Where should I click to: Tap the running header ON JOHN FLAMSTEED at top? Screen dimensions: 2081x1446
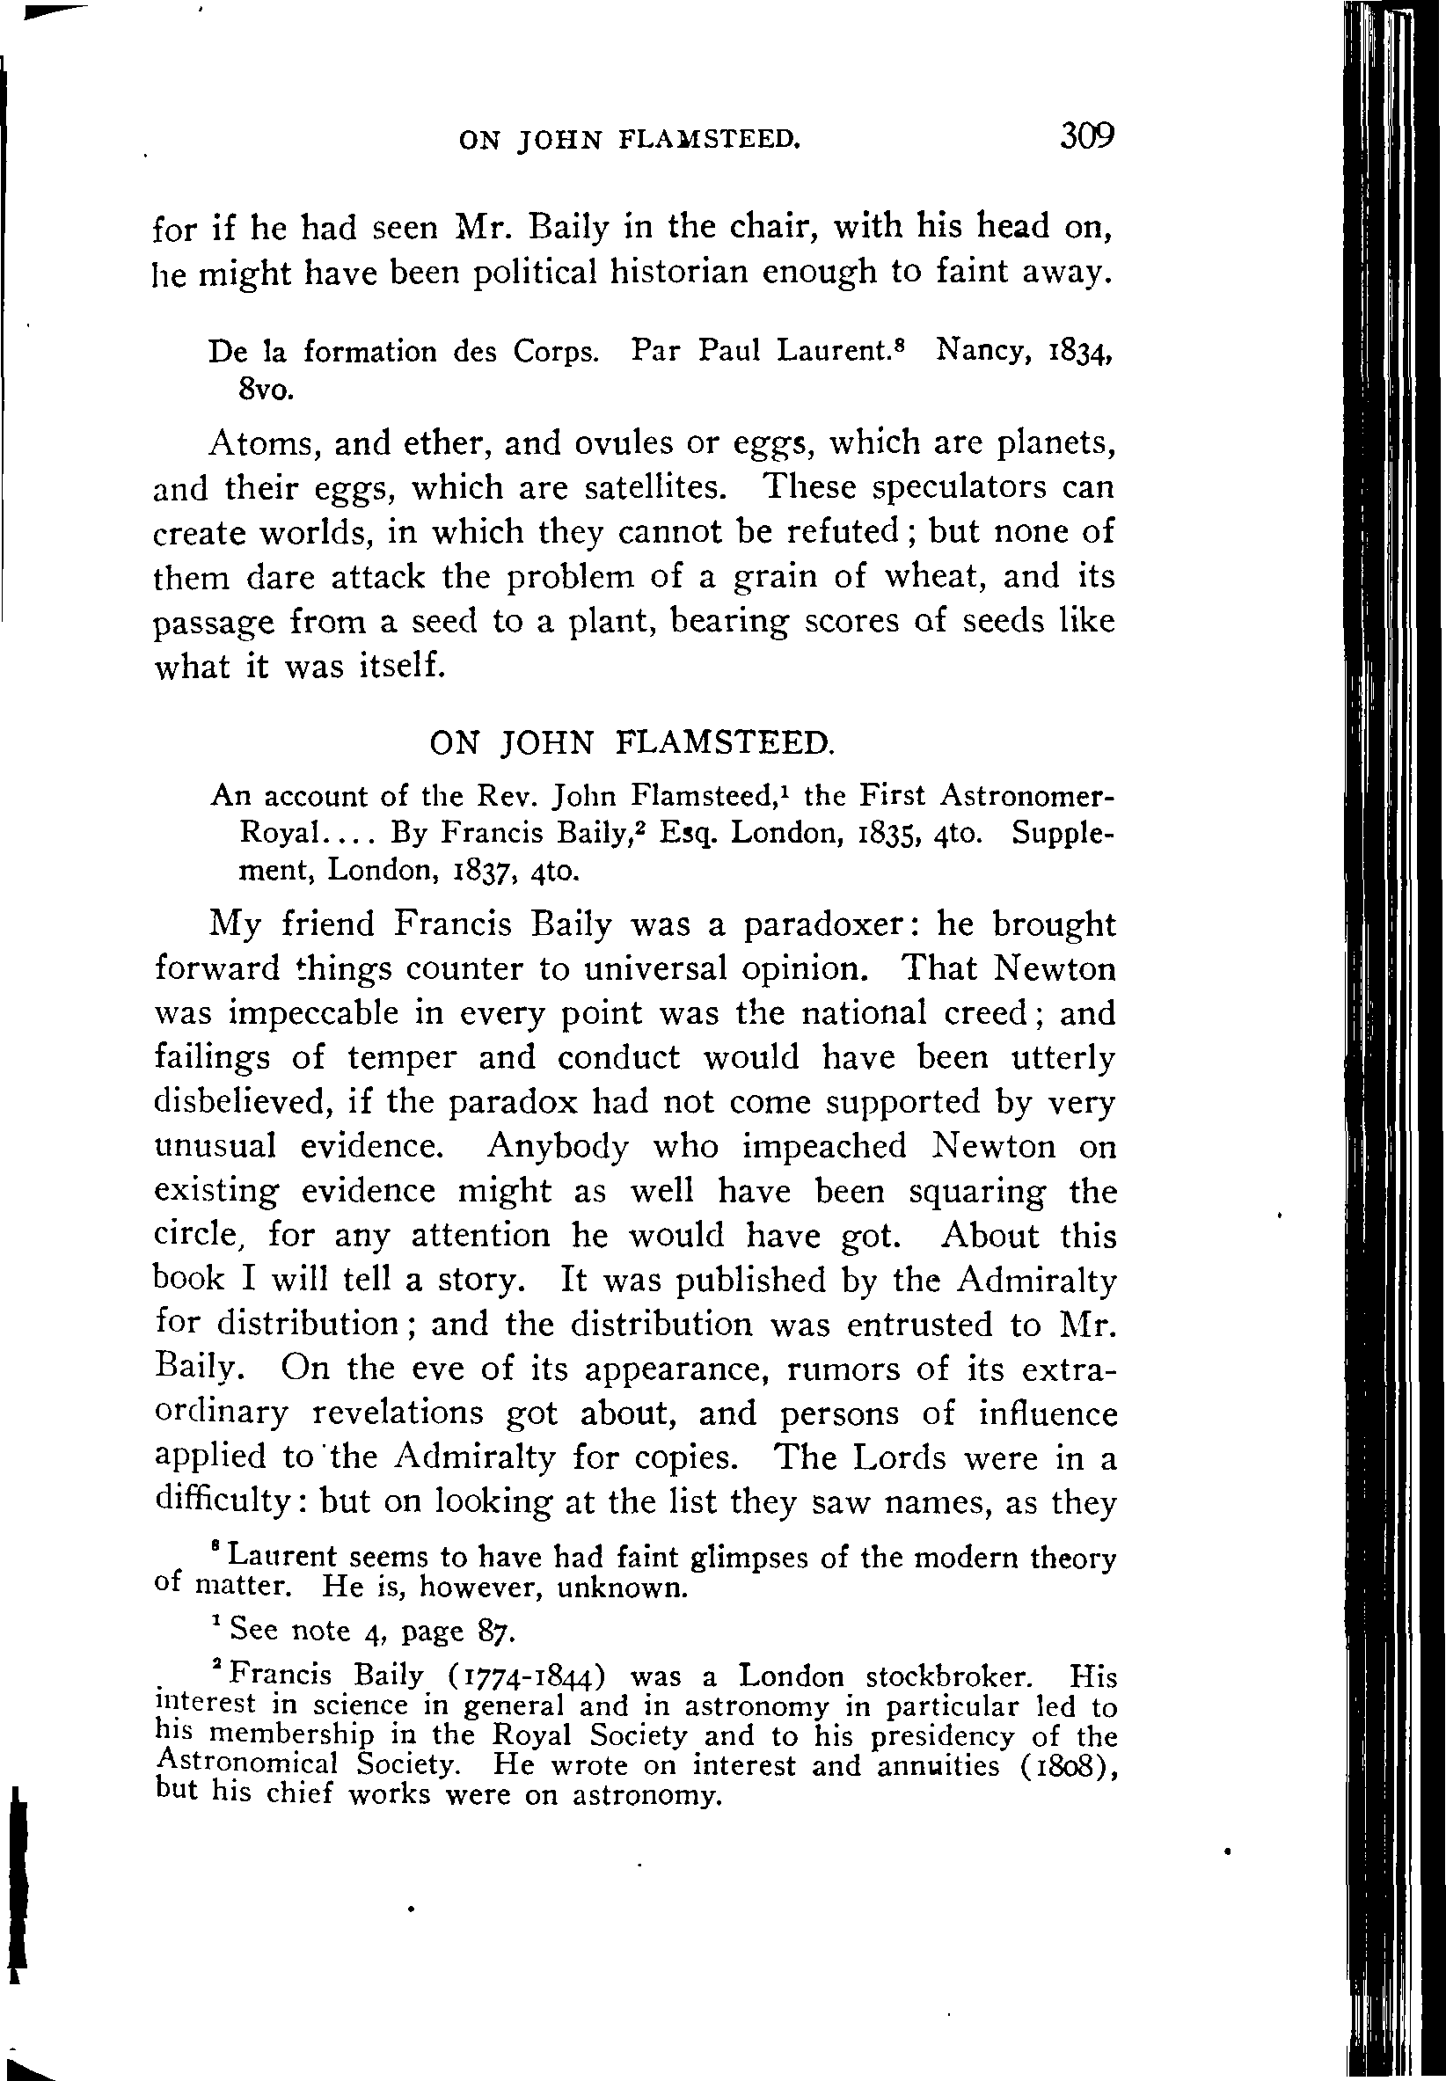(x=630, y=140)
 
